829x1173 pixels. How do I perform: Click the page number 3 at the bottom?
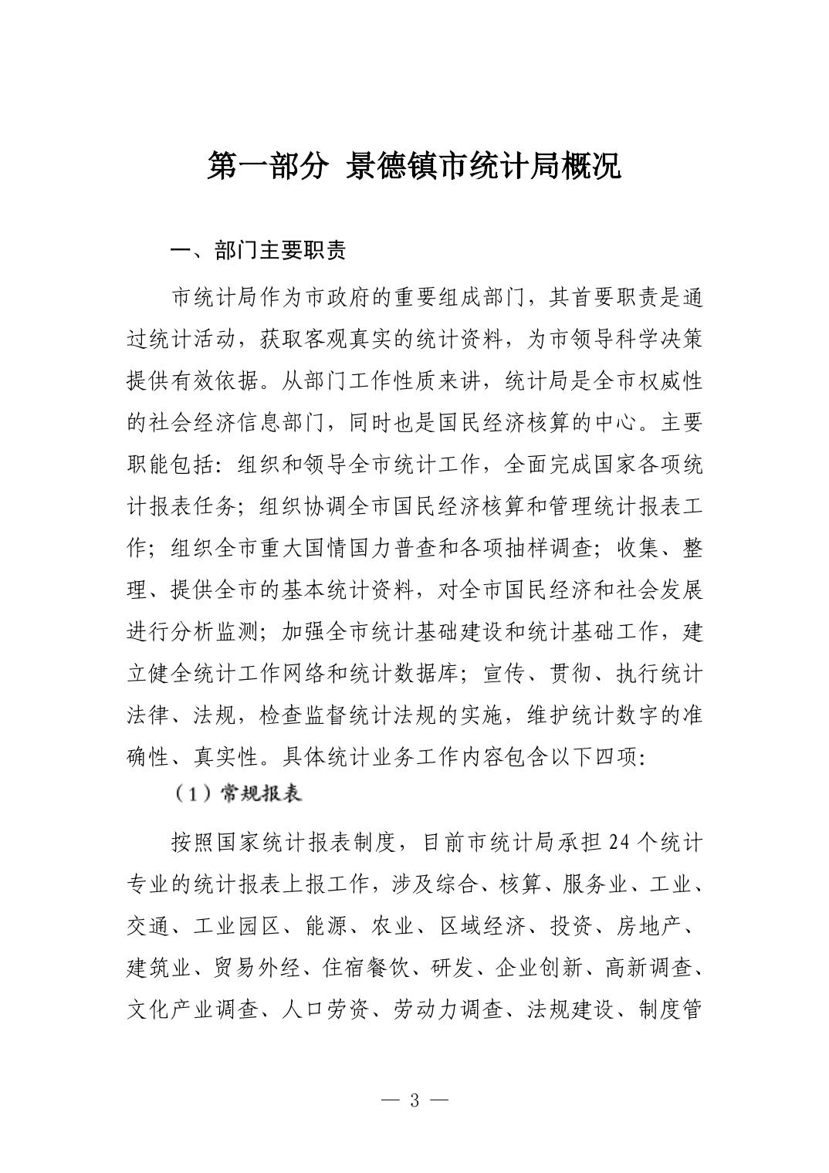click(x=414, y=1100)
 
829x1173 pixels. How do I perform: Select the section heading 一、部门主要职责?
click(x=258, y=250)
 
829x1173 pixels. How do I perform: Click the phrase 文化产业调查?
click(x=191, y=1009)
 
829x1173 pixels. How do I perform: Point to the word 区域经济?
click(x=482, y=926)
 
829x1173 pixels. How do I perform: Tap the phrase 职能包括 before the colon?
click(x=169, y=465)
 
